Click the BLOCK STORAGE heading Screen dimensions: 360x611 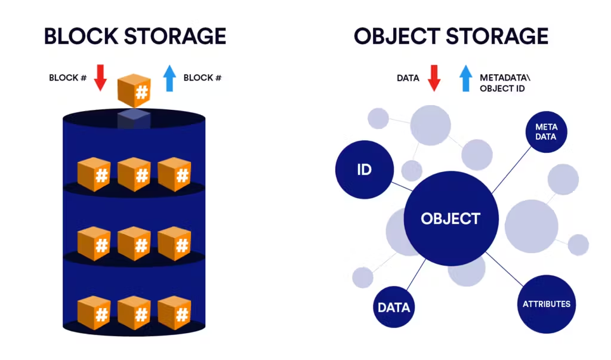[135, 36]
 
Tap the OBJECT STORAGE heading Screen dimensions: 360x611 [450, 36]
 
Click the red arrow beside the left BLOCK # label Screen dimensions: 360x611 [100, 77]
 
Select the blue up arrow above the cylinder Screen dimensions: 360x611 [169, 78]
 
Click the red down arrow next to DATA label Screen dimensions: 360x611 [434, 78]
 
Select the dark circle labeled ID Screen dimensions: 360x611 [364, 169]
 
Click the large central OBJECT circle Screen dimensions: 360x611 [450, 219]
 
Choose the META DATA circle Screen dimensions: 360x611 [545, 132]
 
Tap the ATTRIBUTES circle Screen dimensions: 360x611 [546, 304]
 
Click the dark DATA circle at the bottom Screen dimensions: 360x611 [394, 308]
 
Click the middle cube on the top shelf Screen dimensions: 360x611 [134, 174]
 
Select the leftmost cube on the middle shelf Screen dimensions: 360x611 [94, 243]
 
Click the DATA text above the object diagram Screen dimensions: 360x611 [408, 78]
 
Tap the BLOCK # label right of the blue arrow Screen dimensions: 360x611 [202, 78]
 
